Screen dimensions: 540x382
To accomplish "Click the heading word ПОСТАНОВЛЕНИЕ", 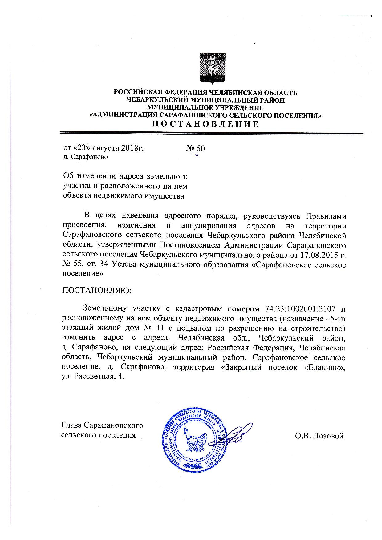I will (x=205, y=124).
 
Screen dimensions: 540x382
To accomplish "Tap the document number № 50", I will (x=195, y=148).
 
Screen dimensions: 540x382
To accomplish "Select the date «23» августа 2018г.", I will (x=104, y=148).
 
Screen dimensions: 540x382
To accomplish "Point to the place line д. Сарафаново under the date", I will (x=85, y=157).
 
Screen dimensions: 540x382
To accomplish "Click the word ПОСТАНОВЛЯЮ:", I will (x=97, y=291).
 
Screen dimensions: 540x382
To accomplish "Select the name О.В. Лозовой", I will (x=319, y=436).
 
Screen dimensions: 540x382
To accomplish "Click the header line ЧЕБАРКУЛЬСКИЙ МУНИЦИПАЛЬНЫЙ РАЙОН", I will (x=205, y=100).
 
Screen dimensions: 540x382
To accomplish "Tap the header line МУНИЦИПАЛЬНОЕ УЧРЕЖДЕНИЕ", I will (x=205, y=108).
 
